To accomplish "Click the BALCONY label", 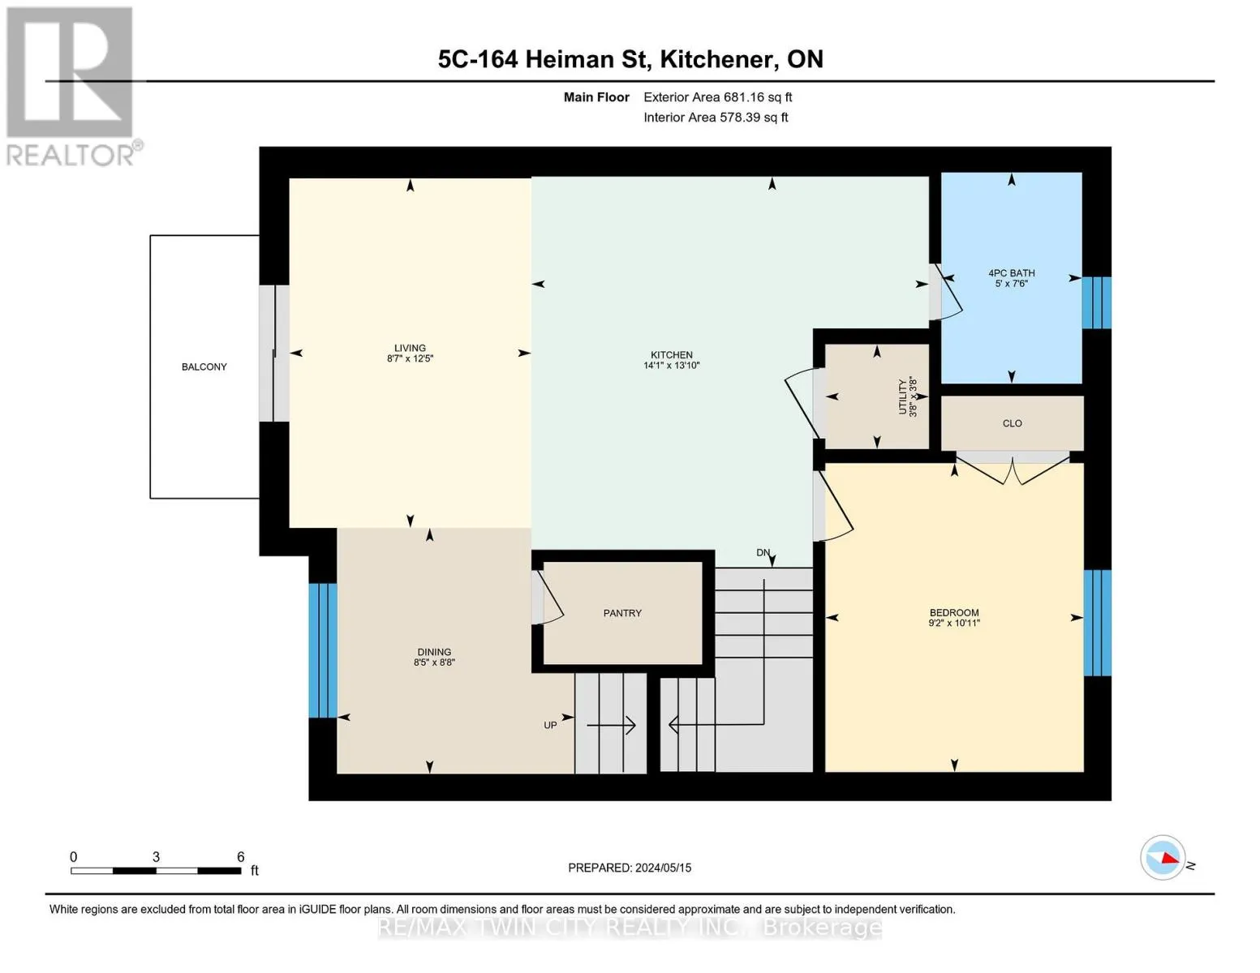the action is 204,366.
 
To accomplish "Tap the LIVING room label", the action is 410,348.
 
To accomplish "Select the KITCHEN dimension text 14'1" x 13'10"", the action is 672,366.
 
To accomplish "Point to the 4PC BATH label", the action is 1011,273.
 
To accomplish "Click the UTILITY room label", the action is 902,397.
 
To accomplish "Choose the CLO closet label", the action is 1012,423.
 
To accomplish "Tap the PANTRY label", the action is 622,613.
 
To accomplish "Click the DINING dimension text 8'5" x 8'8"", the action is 434,662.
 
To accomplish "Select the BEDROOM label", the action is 954,612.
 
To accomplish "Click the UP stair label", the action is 550,725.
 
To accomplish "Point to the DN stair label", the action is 763,553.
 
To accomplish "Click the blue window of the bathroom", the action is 1096,302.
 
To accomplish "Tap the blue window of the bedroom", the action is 1097,623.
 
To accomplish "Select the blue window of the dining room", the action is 323,650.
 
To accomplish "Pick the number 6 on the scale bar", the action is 241,856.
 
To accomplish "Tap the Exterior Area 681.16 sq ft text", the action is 717,97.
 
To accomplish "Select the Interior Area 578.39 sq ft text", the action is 716,118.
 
